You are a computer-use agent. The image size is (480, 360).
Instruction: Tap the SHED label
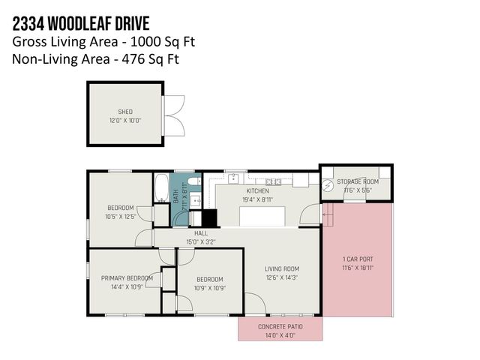[x=124, y=112]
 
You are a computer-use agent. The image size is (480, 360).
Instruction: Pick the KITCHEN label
[x=257, y=191]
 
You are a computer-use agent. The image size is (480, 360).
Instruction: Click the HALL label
[x=200, y=233]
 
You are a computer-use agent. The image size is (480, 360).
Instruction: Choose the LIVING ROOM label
[x=282, y=268]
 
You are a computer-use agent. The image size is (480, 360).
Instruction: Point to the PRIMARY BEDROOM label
[x=127, y=278]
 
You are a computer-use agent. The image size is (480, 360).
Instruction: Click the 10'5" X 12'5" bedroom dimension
[x=120, y=217]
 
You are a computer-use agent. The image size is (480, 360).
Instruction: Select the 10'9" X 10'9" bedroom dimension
[x=209, y=287]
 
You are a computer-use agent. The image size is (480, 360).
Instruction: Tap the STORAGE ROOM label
[x=357, y=181]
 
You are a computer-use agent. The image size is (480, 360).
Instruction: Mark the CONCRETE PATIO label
[x=280, y=328]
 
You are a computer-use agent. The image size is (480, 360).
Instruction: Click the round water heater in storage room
[x=328, y=185]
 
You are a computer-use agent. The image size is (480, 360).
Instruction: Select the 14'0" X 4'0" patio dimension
[x=280, y=336]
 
